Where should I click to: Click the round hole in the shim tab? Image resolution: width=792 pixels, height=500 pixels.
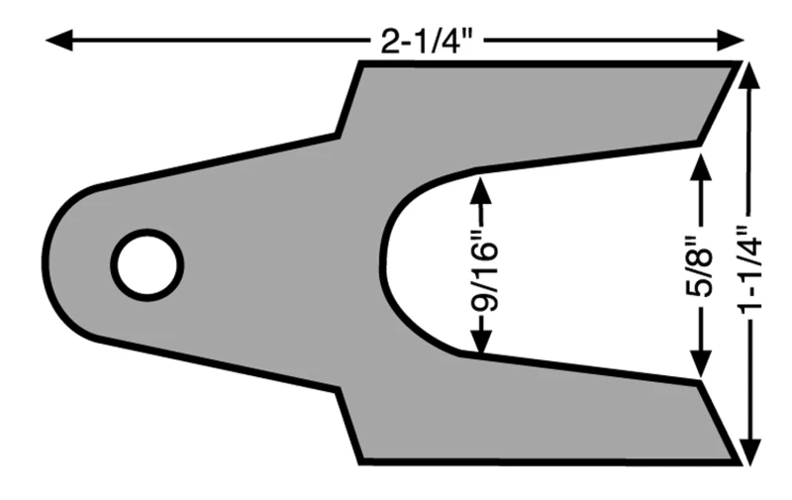[x=147, y=264]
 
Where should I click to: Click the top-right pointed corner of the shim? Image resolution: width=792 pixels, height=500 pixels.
[x=739, y=64]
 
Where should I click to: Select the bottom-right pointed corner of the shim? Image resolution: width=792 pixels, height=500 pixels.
[x=737, y=460]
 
